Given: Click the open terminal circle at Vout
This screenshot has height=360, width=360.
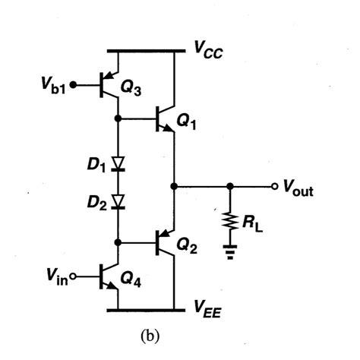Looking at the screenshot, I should click(276, 186).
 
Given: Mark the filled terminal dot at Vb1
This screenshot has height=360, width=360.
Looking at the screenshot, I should click(72, 85).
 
